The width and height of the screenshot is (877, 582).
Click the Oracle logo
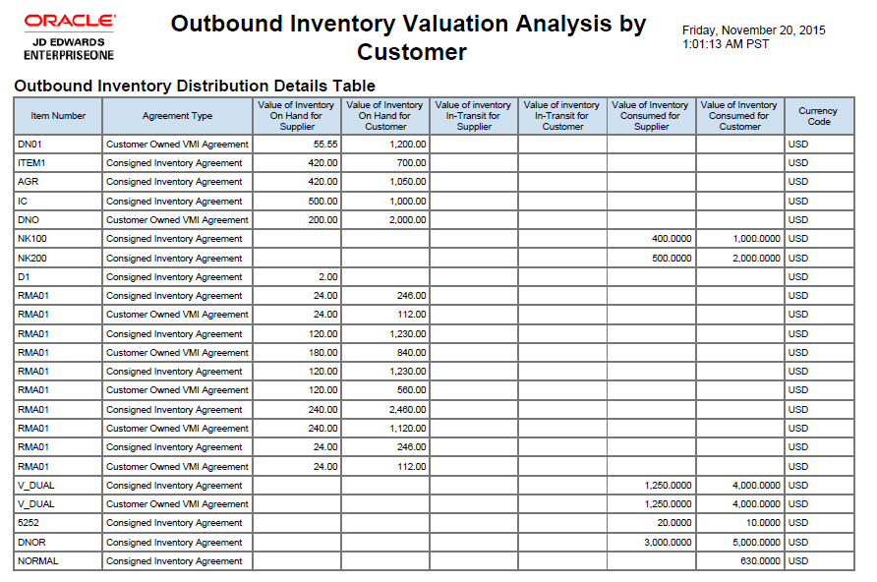pyautogui.click(x=70, y=20)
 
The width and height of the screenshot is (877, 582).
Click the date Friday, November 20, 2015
pyautogui.click(x=753, y=30)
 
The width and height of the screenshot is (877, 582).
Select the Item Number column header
pyautogui.click(x=58, y=116)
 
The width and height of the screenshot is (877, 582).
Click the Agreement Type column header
pyautogui.click(x=177, y=116)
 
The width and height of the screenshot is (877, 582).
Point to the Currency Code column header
pyautogui.click(x=818, y=116)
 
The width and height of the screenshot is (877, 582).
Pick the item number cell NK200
pyautogui.click(x=32, y=258)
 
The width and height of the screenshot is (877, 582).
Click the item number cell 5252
pyautogui.click(x=29, y=523)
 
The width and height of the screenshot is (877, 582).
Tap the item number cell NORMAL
pyautogui.click(x=37, y=561)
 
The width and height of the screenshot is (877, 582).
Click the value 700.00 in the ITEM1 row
pyautogui.click(x=412, y=162)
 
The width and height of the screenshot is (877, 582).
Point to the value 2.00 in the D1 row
pyautogui.click(x=328, y=277)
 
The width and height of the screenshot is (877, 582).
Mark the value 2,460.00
pyautogui.click(x=408, y=409)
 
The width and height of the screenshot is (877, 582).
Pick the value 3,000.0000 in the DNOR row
pyautogui.click(x=668, y=543)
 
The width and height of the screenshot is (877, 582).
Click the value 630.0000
pyautogui.click(x=760, y=561)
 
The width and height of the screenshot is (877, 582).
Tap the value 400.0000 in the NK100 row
pyautogui.click(x=672, y=239)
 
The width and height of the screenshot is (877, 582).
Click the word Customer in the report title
pyautogui.click(x=412, y=51)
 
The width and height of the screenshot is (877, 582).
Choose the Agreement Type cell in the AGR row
pyautogui.click(x=174, y=182)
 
